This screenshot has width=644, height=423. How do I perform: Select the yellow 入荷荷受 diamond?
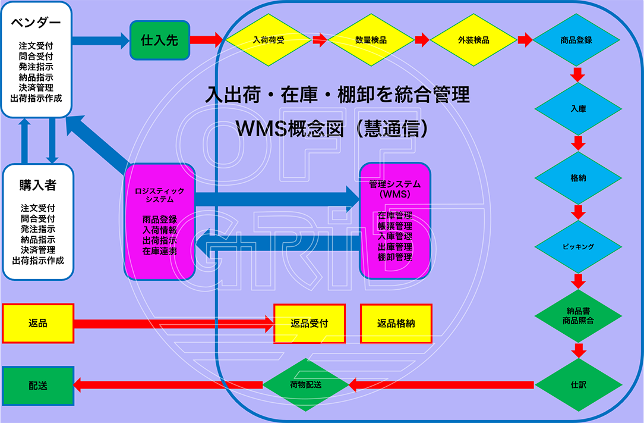tap(268, 40)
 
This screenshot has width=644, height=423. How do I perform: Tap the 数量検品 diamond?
tap(371, 40)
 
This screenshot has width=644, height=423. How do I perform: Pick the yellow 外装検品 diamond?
tap(473, 40)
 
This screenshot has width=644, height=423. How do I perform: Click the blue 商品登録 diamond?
tap(576, 40)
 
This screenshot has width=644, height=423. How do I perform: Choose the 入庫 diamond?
tap(579, 109)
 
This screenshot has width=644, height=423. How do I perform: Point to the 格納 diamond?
tap(579, 178)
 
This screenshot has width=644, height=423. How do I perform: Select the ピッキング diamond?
tap(579, 246)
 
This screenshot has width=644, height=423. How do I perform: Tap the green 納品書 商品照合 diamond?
tap(579, 316)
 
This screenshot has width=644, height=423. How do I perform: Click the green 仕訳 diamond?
tap(579, 385)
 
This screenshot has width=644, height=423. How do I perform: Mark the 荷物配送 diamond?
tap(306, 385)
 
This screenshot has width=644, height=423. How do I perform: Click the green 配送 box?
tap(38, 386)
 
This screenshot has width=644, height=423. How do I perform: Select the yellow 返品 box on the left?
tap(38, 324)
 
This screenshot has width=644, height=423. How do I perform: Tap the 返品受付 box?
tap(309, 324)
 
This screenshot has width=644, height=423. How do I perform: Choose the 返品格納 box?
tap(396, 324)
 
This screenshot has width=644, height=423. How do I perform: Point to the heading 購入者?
tap(37, 186)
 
